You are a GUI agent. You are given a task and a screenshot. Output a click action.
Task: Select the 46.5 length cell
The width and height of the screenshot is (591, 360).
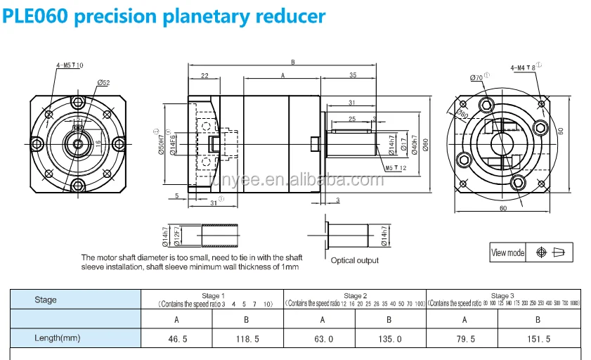pos(178,338)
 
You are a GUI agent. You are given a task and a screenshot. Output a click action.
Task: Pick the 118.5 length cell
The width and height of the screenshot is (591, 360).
pos(249,338)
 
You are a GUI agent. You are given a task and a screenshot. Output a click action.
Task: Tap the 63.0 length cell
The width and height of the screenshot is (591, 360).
pos(321,338)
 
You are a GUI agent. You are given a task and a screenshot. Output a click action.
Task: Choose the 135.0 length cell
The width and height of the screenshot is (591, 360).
pos(390,338)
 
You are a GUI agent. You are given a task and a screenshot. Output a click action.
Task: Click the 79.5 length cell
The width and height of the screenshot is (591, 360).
pos(464,338)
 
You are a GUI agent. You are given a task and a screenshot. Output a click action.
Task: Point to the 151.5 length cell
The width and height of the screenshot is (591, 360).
pos(538,338)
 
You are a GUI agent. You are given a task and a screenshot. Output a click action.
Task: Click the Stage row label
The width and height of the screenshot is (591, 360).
pos(46,300)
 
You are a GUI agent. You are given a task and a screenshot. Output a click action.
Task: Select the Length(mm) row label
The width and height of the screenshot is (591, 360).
pos(58,338)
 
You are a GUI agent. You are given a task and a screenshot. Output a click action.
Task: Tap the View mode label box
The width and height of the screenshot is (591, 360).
pos(508,252)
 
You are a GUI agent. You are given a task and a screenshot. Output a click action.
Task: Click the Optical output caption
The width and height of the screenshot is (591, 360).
pos(355,260)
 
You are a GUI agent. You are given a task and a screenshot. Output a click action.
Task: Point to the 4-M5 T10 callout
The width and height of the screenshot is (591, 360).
pos(70,65)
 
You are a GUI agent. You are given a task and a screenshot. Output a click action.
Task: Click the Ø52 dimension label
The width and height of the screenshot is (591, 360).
pos(104,82)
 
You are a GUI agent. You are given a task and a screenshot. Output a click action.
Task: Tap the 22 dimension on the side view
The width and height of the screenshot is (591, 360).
pos(204,75)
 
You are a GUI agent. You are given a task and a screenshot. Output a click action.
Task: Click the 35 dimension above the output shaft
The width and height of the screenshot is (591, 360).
pos(351,75)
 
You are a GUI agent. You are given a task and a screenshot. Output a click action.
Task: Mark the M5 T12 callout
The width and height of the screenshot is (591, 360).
pos(397,168)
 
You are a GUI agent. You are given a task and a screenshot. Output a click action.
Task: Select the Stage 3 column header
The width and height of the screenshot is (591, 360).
pos(502,296)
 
